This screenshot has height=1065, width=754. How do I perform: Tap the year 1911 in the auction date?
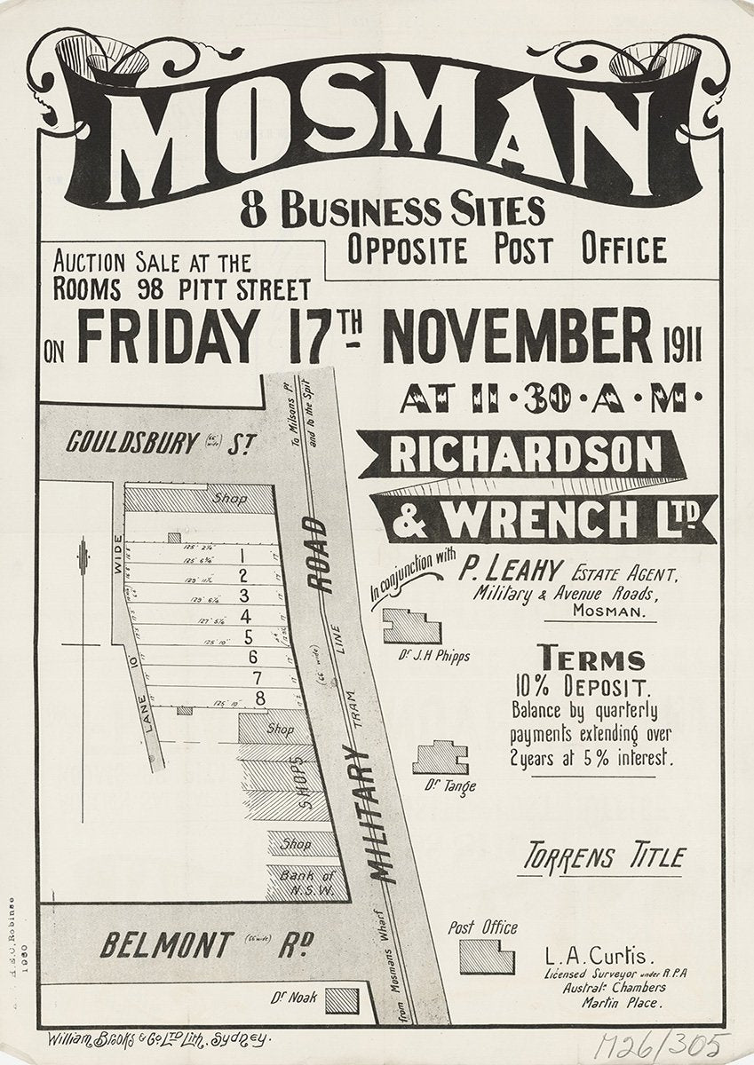682,343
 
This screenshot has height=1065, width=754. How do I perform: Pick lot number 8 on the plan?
259,698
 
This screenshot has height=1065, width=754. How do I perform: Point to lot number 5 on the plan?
250,636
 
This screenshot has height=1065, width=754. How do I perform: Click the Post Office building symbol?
487,957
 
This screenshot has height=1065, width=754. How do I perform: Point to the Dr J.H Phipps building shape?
411,625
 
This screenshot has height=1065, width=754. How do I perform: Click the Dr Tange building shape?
440,757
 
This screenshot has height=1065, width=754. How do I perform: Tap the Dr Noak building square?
342,1000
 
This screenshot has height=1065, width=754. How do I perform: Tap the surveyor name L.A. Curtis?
599,958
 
